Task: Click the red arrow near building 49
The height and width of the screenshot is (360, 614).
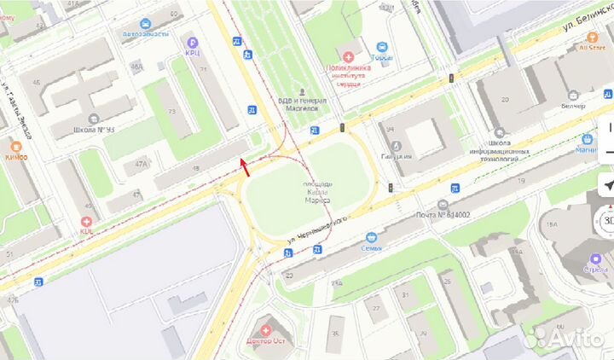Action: point(245,166)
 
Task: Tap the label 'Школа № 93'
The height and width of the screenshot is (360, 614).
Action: point(93,130)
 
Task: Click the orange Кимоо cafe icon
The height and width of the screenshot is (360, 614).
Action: point(14,144)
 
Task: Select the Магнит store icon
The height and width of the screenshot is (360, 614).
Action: point(588,138)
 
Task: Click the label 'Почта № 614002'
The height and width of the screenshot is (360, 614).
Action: point(447,216)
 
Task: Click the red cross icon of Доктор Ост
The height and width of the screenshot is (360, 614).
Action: point(266,328)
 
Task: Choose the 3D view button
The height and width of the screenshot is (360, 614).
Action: point(607,221)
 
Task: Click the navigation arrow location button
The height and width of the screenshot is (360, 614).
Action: point(607,185)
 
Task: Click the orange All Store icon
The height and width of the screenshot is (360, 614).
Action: point(591,36)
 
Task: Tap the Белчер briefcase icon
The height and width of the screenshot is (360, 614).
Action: point(572,95)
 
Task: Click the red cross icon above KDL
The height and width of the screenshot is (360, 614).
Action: point(86,220)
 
